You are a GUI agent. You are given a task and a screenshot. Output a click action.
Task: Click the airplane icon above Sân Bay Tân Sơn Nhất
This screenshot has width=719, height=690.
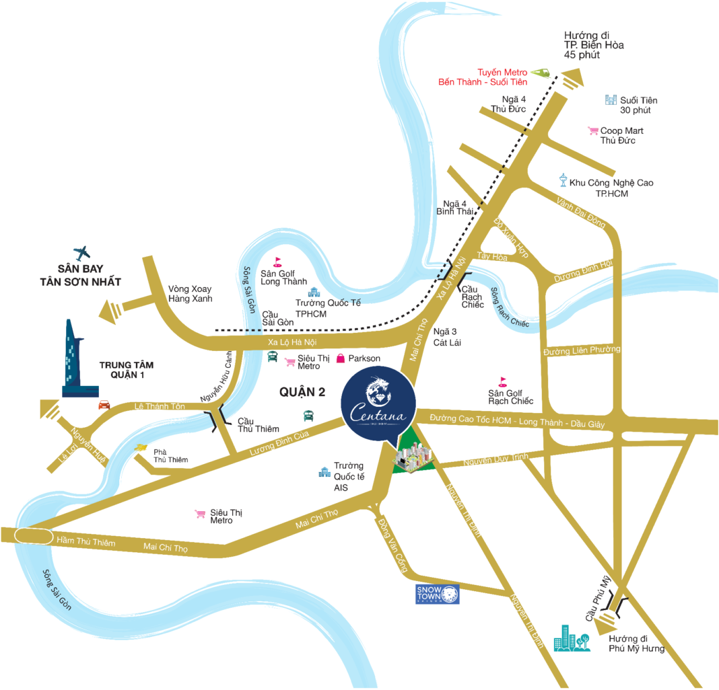click(82, 254)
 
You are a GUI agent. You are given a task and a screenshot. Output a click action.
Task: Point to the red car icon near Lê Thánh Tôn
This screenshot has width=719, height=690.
click(104, 405)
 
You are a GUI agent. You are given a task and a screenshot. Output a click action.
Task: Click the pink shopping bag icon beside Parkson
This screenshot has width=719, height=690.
click(341, 358)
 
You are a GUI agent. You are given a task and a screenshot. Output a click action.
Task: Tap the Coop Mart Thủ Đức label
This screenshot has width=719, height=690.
click(617, 136)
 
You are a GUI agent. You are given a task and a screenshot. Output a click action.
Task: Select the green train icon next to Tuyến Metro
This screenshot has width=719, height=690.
click(540, 72)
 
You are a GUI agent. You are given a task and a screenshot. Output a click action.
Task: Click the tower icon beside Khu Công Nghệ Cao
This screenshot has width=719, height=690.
click(563, 180)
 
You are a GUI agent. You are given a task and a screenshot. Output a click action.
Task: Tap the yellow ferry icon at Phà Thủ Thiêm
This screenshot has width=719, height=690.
click(141, 448)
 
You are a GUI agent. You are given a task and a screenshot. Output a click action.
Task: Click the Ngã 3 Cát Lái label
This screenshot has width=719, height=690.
click(445, 336)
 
